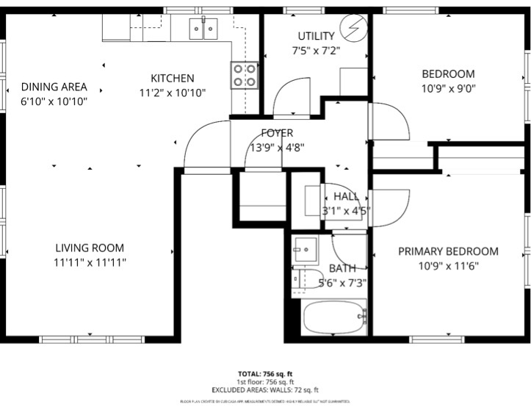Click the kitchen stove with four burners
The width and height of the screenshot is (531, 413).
coord(245,74)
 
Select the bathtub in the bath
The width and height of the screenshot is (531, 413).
coord(335,317)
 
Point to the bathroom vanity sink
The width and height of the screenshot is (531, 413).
coord(303,250)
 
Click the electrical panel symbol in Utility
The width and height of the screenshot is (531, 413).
coord(354,30)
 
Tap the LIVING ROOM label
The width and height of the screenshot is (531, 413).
coord(89,248)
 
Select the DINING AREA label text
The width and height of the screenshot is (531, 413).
coord(54,87)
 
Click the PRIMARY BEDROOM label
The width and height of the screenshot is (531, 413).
coord(448,251)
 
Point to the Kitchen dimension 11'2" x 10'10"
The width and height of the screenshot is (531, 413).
coord(173,93)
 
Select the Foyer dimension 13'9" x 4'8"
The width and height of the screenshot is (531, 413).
coord(277,147)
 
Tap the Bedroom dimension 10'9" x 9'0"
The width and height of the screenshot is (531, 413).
coord(448,88)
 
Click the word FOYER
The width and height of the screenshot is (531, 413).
coord(277,133)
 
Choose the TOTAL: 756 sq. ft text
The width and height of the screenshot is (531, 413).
coord(265,373)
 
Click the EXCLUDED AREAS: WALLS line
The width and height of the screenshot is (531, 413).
coord(265,390)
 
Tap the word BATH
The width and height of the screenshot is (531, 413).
coord(342,268)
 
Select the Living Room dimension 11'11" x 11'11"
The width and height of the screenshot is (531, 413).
coord(89,262)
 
